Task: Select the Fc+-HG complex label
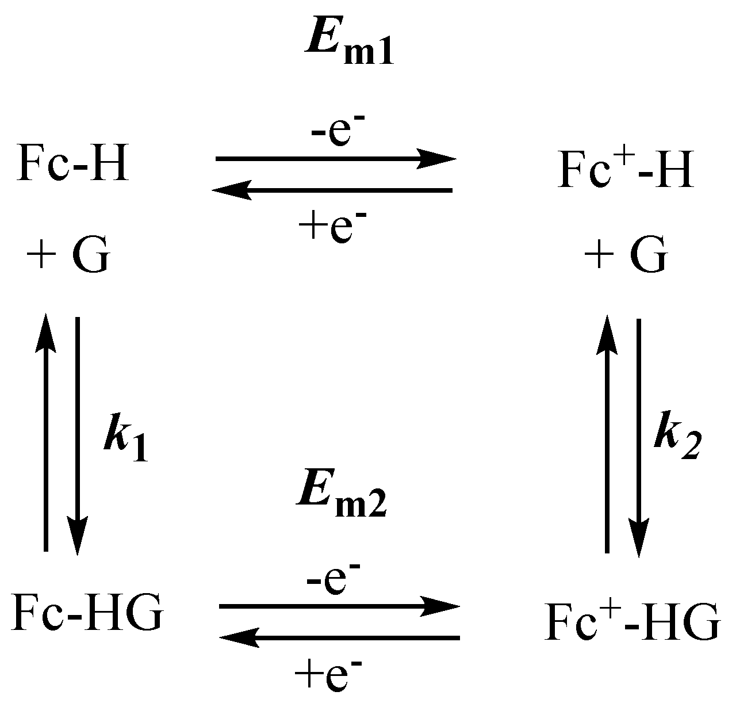pyautogui.click(x=631, y=621)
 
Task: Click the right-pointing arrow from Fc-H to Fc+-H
pyautogui.click(x=335, y=158)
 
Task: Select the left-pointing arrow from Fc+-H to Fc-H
pyautogui.click(x=332, y=189)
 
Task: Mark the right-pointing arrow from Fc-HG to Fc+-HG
pyautogui.click(x=339, y=605)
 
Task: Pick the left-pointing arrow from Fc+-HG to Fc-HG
pyautogui.click(x=339, y=637)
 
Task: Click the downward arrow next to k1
pyautogui.click(x=78, y=437)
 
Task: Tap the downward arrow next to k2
pyautogui.click(x=639, y=437)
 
